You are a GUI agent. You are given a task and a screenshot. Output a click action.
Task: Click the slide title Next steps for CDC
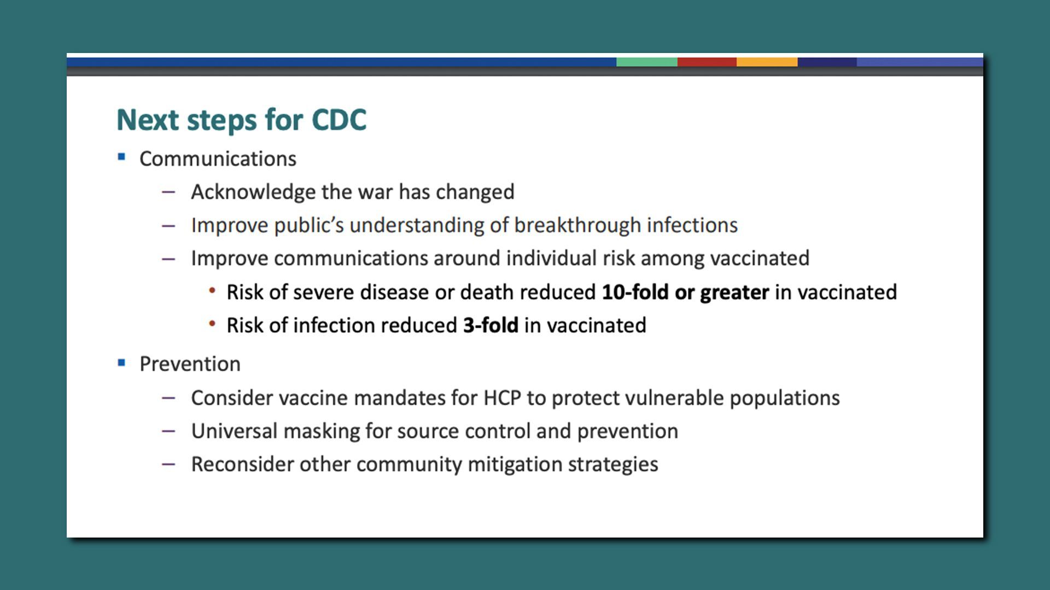[x=241, y=120]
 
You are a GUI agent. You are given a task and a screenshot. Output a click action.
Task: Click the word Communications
[x=218, y=159]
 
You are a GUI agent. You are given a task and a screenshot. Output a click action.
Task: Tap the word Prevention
[x=190, y=364]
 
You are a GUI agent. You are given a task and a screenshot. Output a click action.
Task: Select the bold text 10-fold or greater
[x=685, y=292]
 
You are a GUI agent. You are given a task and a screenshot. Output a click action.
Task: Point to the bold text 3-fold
[x=491, y=326]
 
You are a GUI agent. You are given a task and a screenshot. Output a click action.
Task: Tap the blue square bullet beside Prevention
[x=121, y=363]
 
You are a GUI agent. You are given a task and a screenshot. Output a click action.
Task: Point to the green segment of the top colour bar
[x=647, y=62]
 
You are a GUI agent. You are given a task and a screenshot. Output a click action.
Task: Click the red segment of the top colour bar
[x=707, y=62]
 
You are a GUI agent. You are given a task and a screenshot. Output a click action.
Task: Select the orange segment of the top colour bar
[x=767, y=62]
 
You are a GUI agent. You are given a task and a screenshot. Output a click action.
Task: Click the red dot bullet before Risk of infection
[x=212, y=324]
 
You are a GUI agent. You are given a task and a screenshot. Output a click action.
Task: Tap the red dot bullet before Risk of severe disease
[x=212, y=291]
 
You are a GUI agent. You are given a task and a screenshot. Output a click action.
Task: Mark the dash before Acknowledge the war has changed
[x=168, y=192]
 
